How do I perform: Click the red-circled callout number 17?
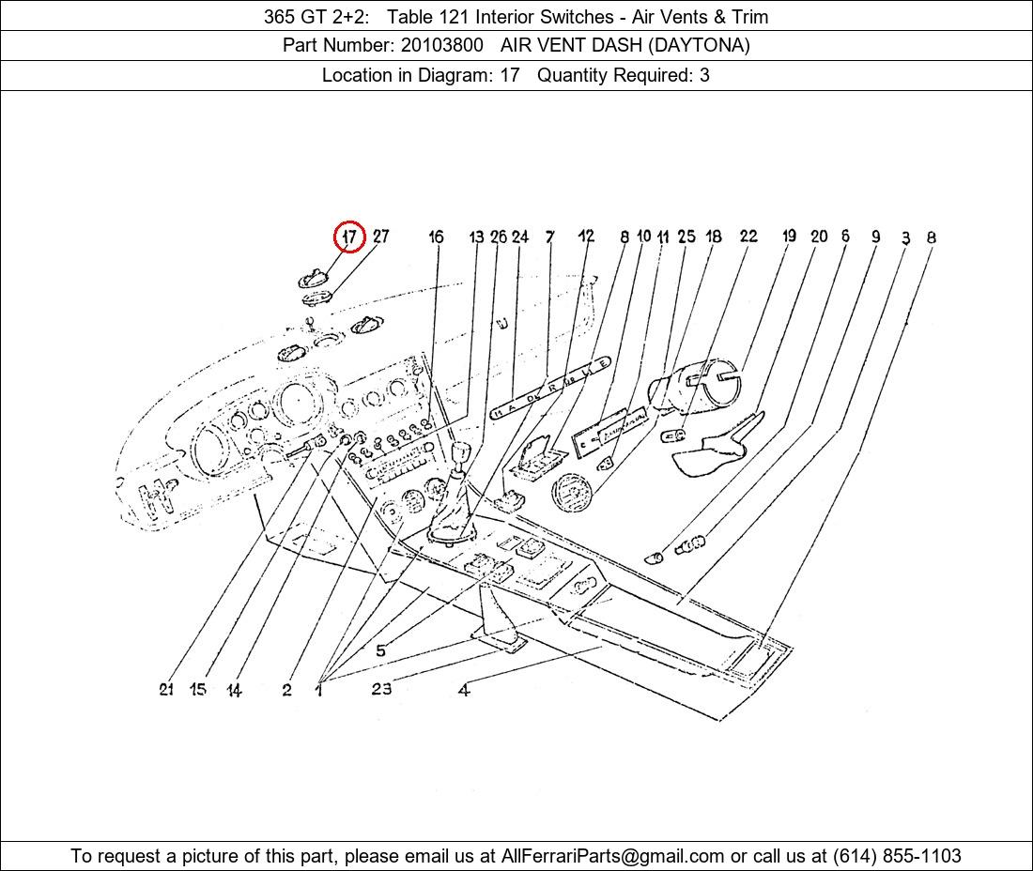pyautogui.click(x=349, y=237)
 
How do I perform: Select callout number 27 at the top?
pyautogui.click(x=380, y=237)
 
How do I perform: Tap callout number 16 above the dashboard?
pyautogui.click(x=436, y=237)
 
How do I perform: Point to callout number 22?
pyautogui.click(x=748, y=236)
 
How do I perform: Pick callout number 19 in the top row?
pyautogui.click(x=789, y=236)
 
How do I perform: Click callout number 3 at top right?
pyautogui.click(x=906, y=237)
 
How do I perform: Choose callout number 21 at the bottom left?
pyautogui.click(x=166, y=689)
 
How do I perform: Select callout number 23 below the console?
pyautogui.click(x=381, y=689)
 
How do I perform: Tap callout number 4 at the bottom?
pyautogui.click(x=464, y=690)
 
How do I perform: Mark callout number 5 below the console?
pyautogui.click(x=380, y=650)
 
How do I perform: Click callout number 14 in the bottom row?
pyautogui.click(x=234, y=690)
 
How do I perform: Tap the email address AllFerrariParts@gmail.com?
pyautogui.click(x=612, y=856)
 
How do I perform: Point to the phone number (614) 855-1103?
pyautogui.click(x=897, y=856)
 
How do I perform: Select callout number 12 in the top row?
pyautogui.click(x=586, y=236)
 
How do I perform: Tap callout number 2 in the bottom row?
pyautogui.click(x=286, y=690)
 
